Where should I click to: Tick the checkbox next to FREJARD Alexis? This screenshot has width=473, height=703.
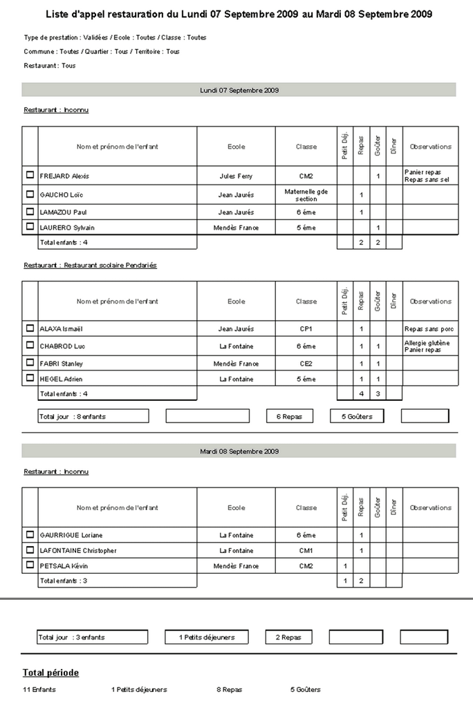30,176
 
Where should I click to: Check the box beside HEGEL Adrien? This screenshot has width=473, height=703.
30,378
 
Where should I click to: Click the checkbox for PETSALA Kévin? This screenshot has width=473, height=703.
30,565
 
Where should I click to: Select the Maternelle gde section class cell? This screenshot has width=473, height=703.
306,194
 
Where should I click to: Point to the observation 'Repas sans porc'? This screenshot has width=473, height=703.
428,329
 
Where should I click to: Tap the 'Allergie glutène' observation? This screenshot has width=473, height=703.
427,342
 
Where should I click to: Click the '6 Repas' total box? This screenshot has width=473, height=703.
289,416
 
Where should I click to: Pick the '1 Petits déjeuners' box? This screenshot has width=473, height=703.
207,637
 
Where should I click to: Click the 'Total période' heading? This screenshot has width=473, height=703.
50,673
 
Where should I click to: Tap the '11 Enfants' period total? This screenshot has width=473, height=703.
39,689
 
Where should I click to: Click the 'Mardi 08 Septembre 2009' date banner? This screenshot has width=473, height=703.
239,451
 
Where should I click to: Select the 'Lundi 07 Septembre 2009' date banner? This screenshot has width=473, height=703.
239,90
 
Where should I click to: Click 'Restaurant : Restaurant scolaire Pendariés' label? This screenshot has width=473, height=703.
90,265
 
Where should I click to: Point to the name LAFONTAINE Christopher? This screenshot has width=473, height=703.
78,550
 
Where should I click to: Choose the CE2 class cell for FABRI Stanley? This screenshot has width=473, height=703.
306,363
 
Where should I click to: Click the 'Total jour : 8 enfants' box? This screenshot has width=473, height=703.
93,416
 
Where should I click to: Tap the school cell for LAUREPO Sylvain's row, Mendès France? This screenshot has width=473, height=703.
236,227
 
